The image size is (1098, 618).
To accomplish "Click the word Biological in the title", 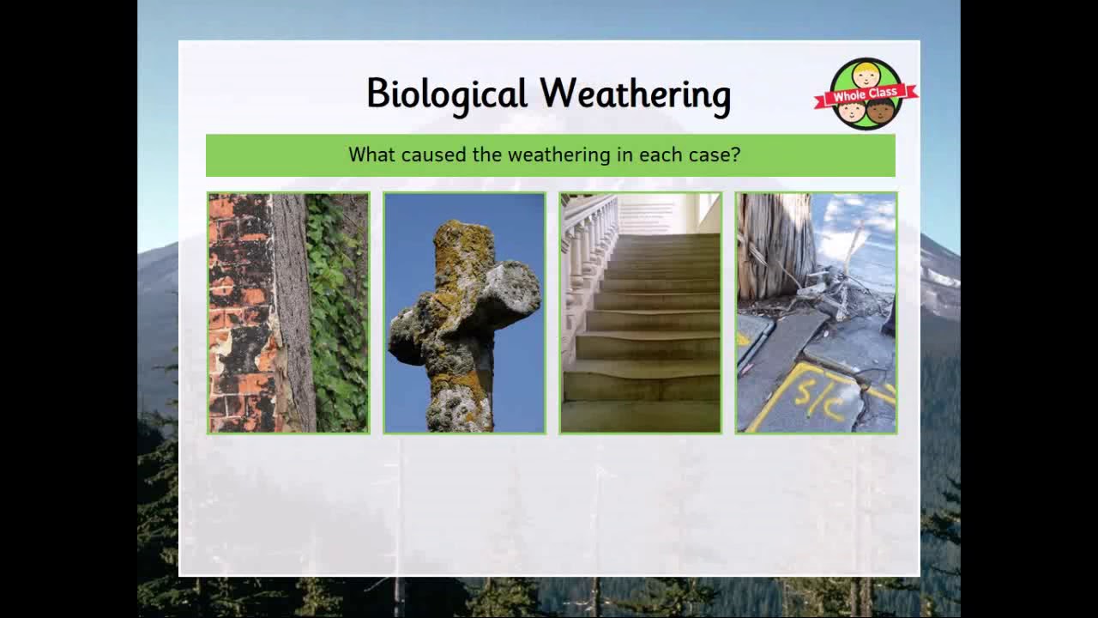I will [446, 94].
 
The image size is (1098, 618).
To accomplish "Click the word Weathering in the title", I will [635, 94].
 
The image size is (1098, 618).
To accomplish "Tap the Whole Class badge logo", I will [866, 94].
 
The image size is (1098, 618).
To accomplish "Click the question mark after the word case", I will [736, 155].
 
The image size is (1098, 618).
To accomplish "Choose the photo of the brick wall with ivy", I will [288, 312].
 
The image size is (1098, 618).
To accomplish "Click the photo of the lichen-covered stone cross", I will [464, 312].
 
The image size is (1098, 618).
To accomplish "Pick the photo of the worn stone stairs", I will [641, 312].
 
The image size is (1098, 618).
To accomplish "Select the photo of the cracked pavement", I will [816, 312].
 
